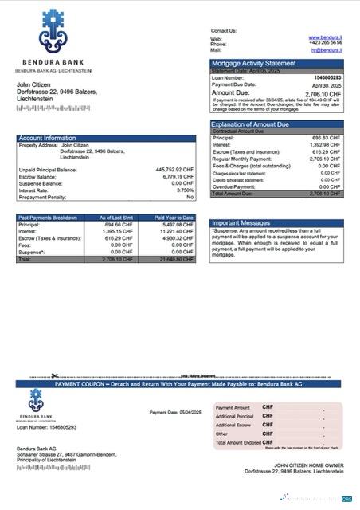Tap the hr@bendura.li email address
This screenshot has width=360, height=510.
coord(326,49)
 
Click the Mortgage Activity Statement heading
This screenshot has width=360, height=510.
coord(252,63)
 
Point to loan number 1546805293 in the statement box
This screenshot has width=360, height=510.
coord(327,77)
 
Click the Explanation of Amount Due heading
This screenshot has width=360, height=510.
coord(254,124)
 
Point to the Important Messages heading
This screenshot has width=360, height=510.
coord(242,223)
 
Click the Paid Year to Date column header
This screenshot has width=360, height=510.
coord(174,218)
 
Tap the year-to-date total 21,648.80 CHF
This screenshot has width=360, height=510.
coord(175,260)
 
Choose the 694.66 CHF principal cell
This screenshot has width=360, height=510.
coord(116,225)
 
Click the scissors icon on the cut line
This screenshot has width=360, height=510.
coord(54,375)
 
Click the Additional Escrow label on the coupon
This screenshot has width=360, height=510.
coord(234,425)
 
